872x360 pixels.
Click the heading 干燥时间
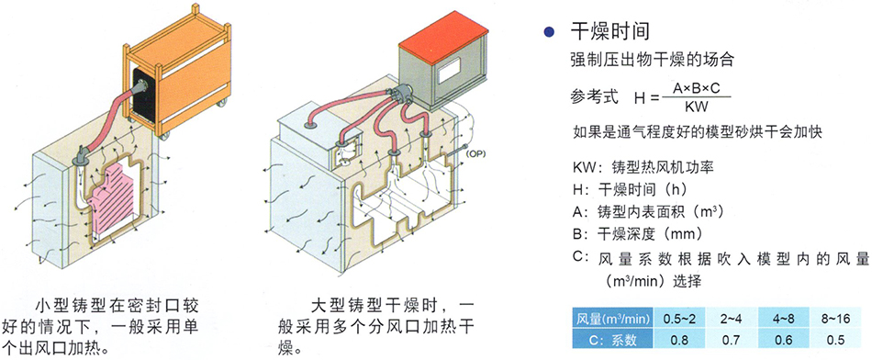pos(610,31)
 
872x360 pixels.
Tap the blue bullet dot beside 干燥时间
pos(550,32)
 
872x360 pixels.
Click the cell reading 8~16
pos(835,319)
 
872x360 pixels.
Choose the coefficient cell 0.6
pos(783,338)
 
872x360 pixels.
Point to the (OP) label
pos(476,153)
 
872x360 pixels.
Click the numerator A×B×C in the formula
pos(697,89)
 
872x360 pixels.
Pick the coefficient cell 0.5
pos(835,338)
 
